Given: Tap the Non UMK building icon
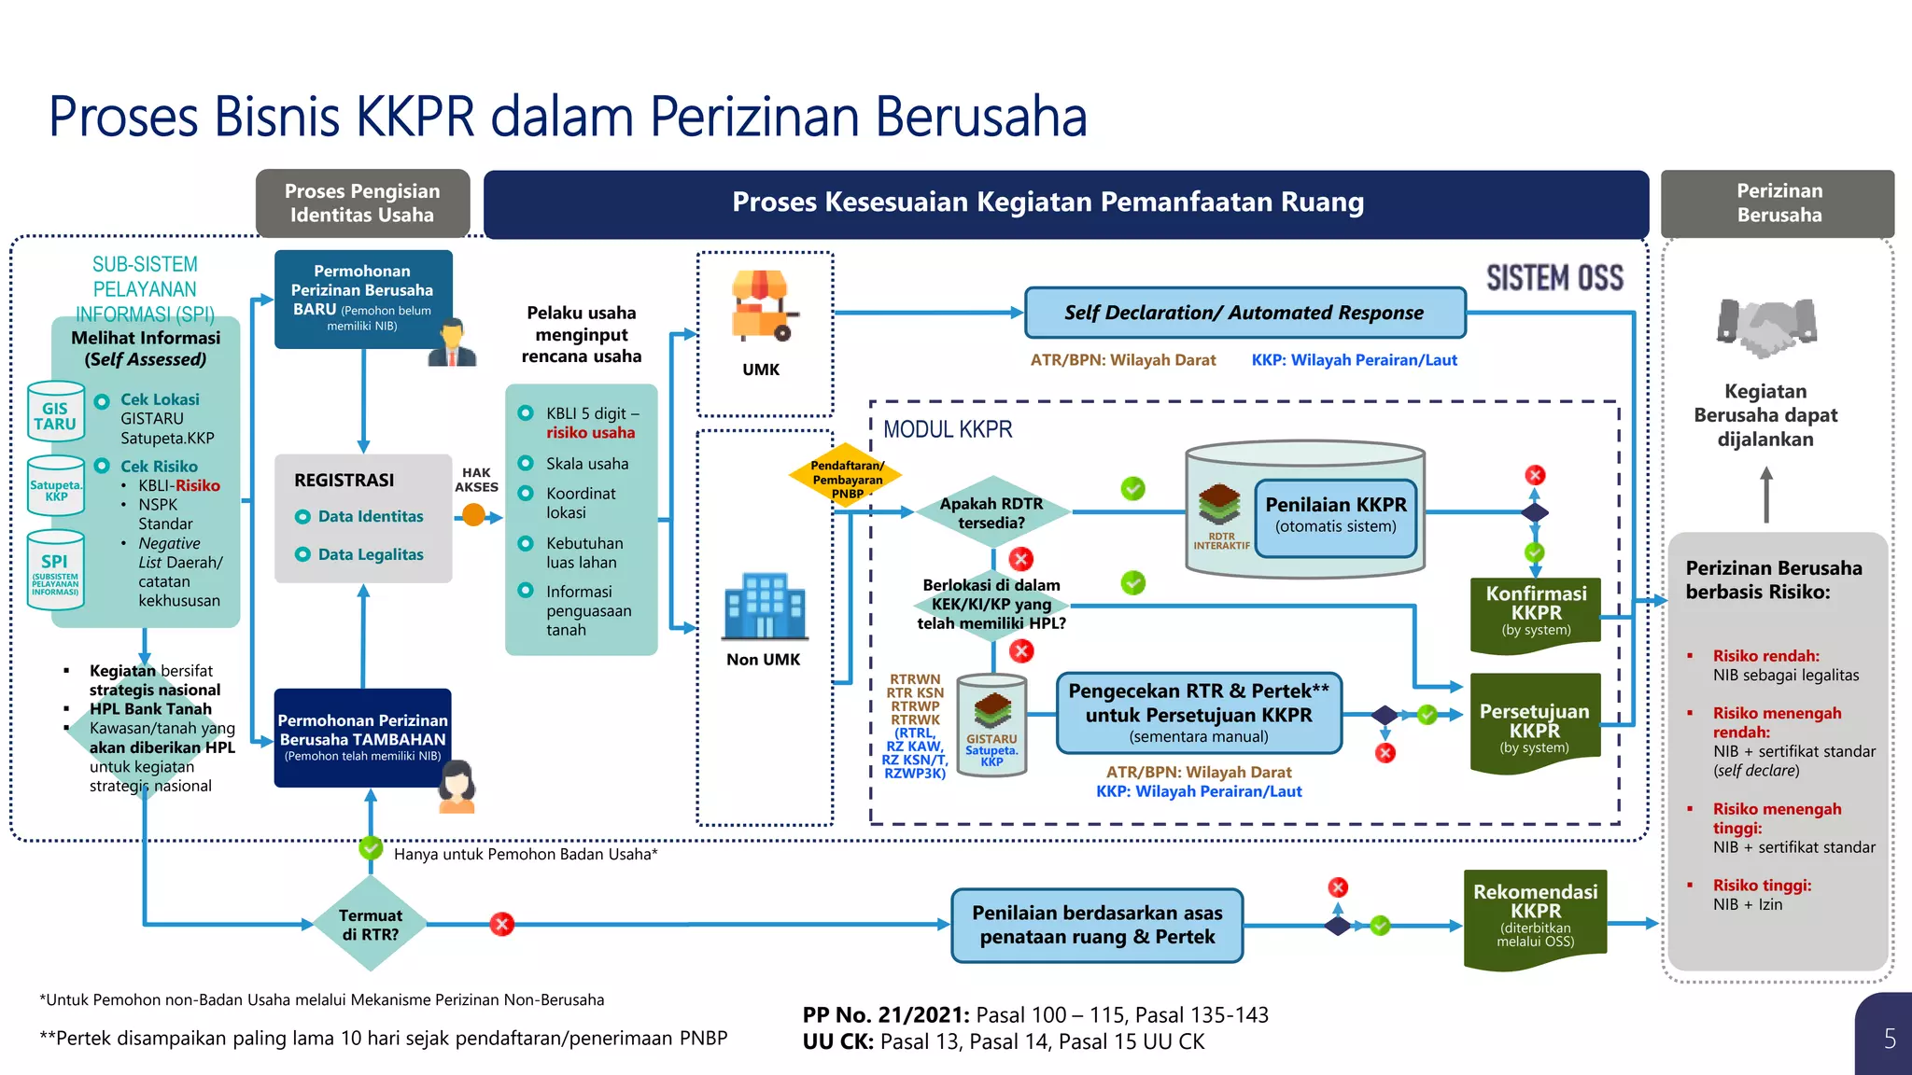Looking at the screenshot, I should [765, 606].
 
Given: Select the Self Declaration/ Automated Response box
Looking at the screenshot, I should [1244, 313].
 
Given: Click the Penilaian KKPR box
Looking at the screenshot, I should [1335, 514].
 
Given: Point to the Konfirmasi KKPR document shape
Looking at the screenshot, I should [1536, 612].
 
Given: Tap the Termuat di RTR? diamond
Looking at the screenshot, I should [371, 924].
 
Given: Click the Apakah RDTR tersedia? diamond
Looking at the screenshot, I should [991, 512].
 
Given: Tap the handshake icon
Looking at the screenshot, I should [1766, 326].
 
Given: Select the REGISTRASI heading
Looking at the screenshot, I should [344, 480].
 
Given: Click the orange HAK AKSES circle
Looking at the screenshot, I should [474, 514].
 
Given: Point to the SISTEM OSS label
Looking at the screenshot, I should [1554, 278].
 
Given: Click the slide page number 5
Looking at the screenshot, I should [1889, 1039].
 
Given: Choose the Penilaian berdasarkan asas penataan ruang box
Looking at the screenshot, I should [1097, 925].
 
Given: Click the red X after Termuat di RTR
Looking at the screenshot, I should [502, 924].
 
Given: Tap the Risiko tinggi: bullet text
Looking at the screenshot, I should [1761, 885].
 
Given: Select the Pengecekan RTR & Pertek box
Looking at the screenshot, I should [1199, 713].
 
